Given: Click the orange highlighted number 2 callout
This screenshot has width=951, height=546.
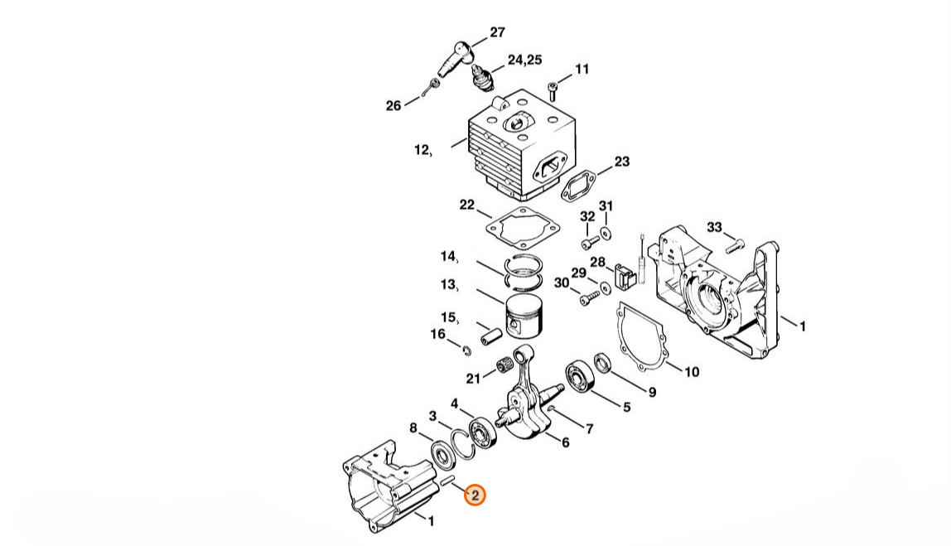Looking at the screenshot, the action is (475, 495).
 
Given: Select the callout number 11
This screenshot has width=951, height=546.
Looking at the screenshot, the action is (582, 69).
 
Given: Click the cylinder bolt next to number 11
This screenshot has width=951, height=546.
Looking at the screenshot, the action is (553, 92).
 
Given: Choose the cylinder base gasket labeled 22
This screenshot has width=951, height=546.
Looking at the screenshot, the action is (523, 228).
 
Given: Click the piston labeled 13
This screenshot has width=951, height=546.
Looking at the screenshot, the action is (524, 321).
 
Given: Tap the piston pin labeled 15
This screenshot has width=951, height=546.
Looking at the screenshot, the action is (491, 336).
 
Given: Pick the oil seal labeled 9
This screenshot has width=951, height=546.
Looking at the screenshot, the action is (602, 363).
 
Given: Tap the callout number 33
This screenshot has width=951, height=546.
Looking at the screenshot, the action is (714, 228).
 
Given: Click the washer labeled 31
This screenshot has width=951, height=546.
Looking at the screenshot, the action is (606, 232).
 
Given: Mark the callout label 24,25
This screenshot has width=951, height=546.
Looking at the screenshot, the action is (525, 60).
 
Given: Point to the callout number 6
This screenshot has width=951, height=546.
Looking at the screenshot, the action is (565, 443).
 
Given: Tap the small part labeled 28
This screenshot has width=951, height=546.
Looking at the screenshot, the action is (624, 275).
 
